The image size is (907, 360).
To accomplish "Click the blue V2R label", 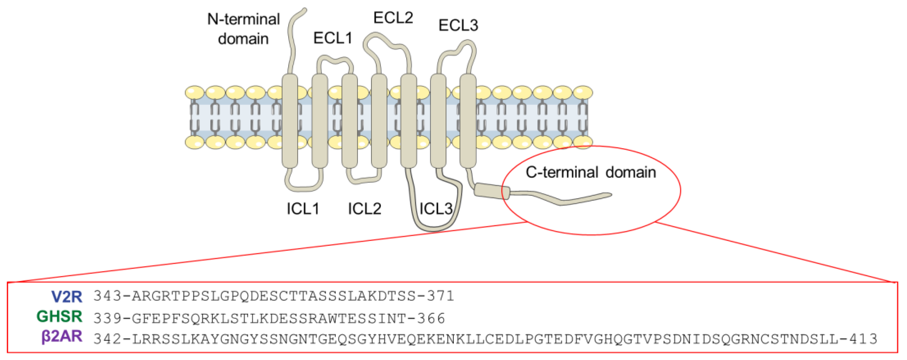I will point(67,297).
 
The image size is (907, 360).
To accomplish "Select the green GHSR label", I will point(59,317).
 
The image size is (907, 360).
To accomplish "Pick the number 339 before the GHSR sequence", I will point(107,319).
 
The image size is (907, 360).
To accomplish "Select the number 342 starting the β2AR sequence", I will point(107,339).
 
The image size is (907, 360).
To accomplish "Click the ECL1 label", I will point(333,38).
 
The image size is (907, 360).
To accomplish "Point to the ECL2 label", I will point(393,17).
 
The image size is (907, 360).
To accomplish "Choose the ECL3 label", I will point(458,25).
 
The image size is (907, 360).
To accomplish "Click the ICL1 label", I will point(303,209).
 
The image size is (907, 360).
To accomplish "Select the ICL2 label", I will point(364,209).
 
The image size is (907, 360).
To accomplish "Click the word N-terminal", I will point(243,19).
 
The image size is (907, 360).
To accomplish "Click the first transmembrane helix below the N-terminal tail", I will point(290,120).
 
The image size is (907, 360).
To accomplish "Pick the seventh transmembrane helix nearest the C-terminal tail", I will point(468,120).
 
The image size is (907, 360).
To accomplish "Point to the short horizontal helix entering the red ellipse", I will point(491,191).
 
